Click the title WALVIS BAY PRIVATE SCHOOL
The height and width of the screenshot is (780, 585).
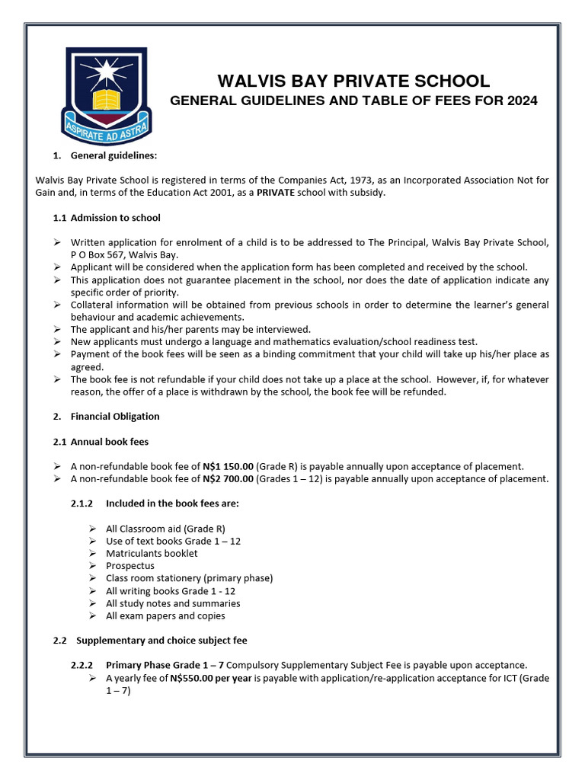[353, 82]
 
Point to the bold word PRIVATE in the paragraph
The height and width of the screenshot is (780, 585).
[276, 193]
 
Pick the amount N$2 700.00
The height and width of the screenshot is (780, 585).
[228, 478]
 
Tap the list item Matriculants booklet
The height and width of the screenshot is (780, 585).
[152, 553]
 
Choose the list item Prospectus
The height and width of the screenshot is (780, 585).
[130, 566]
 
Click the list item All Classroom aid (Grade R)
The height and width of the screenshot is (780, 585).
[165, 529]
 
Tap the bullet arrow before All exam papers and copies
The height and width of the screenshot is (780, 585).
[92, 615]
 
